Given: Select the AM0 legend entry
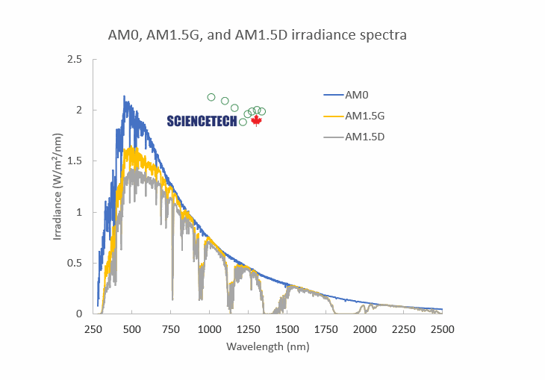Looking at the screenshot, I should click(358, 95).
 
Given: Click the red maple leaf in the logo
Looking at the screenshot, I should click(256, 120).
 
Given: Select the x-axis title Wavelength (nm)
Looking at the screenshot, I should click(268, 346).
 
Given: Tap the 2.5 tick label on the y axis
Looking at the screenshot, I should click(75, 59).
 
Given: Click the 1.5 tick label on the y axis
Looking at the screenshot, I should click(75, 161).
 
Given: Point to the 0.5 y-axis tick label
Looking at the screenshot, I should click(75, 263).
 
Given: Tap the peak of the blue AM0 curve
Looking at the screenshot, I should click(124, 97).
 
